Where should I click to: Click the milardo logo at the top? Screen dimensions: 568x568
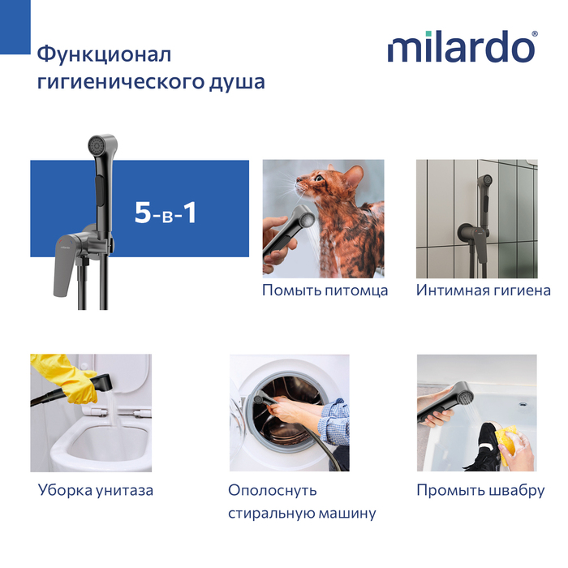click(463, 46)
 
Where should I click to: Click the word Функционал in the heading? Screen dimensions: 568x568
click(104, 54)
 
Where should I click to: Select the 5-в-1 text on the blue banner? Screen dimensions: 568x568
click(166, 213)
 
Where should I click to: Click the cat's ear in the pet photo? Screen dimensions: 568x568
click(354, 176)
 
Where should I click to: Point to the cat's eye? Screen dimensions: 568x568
click(318, 178)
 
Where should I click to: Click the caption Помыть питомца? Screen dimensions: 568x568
click(325, 290)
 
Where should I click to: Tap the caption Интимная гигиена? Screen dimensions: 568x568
click(484, 290)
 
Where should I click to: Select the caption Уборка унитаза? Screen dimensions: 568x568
click(96, 490)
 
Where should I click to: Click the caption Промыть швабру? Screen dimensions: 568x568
click(480, 490)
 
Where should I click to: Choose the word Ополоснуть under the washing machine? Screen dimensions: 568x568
click(273, 490)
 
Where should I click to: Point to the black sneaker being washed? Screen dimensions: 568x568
click(483, 450)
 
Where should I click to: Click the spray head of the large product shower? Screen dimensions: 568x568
click(101, 145)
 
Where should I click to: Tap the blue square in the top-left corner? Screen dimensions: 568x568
click(15, 27)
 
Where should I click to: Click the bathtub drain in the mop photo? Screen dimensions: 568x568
click(523, 404)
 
